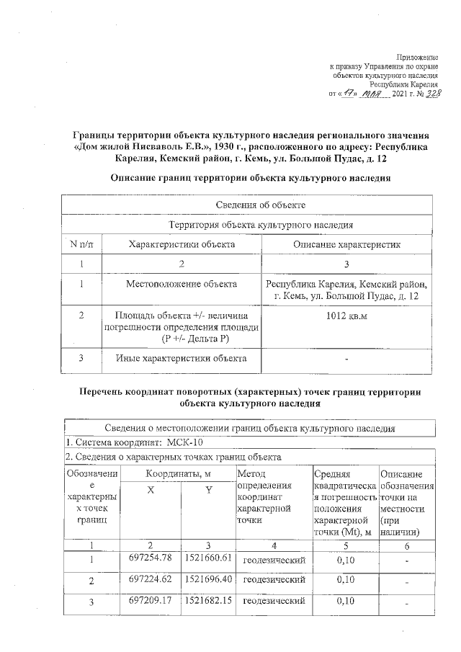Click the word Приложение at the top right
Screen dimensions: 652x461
[419, 57]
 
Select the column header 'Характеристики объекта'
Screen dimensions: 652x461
[182, 244]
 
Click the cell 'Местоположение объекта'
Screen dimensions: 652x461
[182, 285]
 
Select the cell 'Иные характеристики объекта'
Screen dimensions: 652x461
[182, 358]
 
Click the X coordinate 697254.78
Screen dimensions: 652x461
[151, 558]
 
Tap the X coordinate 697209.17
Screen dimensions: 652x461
[151, 599]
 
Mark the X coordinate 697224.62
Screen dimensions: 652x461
[151, 579]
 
